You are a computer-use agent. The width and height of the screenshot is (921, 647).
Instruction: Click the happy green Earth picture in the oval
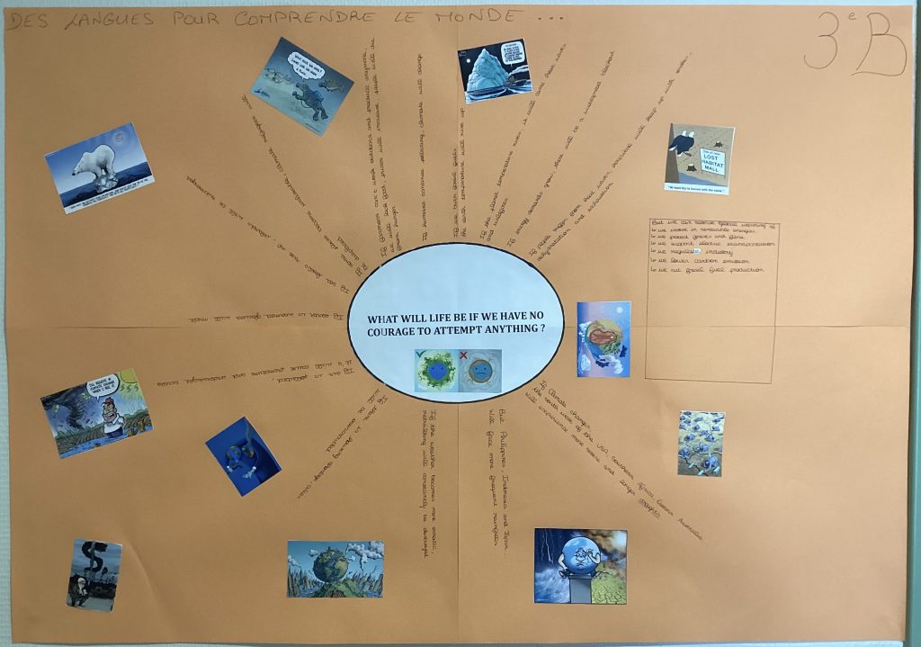(435, 370)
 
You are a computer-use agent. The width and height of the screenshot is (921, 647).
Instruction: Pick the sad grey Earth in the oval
(479, 370)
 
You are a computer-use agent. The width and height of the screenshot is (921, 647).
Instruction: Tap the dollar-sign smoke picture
(94, 573)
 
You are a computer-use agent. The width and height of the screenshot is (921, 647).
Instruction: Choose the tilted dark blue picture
(242, 455)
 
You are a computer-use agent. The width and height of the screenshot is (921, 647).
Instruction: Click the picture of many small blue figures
(700, 443)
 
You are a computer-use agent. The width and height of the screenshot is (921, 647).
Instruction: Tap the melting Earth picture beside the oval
(603, 338)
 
